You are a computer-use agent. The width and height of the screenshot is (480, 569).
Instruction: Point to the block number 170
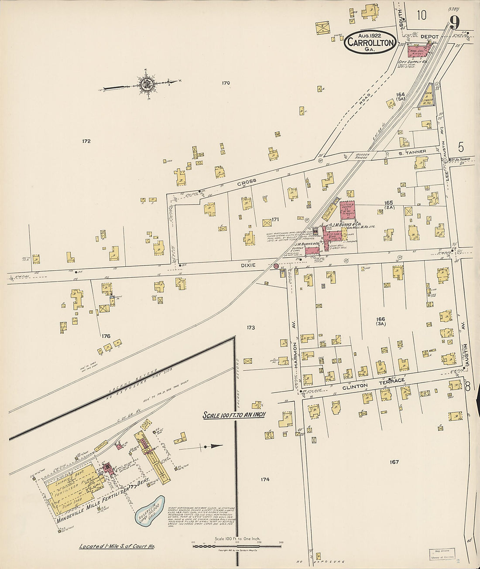(x=225, y=83)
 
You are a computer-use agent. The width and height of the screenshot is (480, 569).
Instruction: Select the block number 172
(x=86, y=141)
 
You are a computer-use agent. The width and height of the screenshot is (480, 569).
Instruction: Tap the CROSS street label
(x=247, y=181)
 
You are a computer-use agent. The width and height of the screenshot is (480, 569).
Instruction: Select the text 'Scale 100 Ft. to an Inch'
(x=234, y=415)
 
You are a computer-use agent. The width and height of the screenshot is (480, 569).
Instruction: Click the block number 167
(x=394, y=462)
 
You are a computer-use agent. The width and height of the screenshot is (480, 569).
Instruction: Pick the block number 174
(x=264, y=479)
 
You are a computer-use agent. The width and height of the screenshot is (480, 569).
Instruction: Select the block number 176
(x=106, y=336)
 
